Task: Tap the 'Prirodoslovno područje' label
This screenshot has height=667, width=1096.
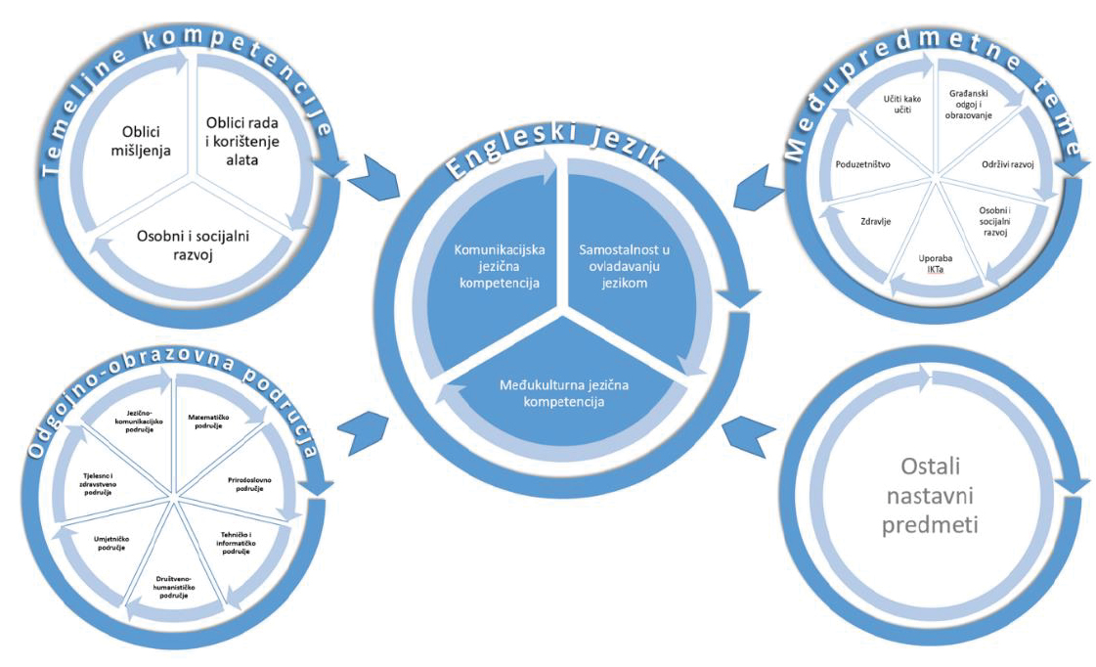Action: coord(241,484)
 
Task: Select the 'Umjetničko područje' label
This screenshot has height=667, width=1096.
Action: coord(110,543)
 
